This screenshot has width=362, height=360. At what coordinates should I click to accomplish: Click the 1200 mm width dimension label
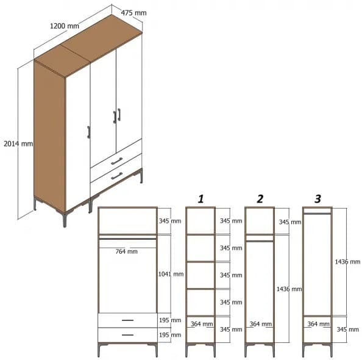(64, 26)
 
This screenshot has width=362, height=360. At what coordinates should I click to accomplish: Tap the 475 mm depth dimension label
(133, 13)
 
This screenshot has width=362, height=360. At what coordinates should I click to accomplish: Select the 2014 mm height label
(18, 143)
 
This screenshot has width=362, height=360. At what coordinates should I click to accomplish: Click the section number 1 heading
(200, 198)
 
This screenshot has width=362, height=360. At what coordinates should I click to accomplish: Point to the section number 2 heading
(260, 198)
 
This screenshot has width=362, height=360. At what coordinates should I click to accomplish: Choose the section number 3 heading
(318, 198)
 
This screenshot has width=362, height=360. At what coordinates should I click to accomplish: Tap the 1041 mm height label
(170, 274)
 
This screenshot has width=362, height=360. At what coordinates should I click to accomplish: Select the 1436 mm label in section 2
(289, 289)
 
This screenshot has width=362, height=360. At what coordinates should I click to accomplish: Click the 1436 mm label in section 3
(347, 262)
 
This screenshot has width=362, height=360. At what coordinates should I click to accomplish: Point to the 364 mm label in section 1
(201, 324)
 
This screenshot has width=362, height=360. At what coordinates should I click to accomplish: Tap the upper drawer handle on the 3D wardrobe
(116, 161)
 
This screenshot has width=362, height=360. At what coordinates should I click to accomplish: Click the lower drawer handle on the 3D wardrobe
(116, 176)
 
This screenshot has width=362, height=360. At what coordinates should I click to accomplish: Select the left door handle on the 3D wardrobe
(89, 132)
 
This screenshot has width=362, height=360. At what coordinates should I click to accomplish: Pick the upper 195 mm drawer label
(170, 320)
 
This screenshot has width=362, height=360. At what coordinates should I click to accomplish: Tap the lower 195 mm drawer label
(170, 334)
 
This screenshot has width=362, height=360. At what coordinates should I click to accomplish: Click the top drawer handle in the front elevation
(127, 320)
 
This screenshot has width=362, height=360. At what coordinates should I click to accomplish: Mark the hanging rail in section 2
(259, 240)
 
